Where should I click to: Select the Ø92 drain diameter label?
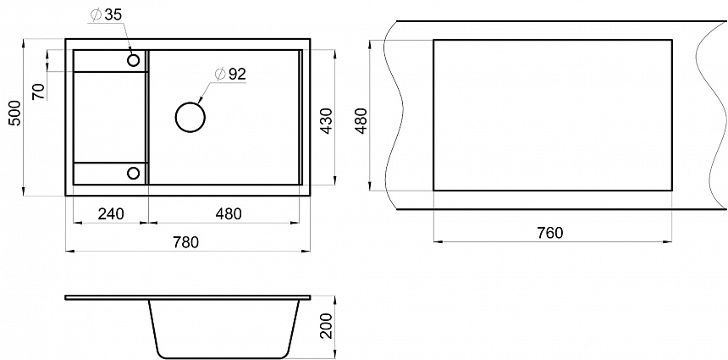pos(229,75)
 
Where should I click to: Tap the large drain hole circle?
pos(190,117)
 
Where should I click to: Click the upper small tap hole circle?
pos(134,60)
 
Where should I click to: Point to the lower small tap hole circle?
pos(134,174)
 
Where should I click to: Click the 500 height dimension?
pos(15,113)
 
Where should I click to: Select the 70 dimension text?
pos(40,91)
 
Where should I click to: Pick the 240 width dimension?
pos(111,213)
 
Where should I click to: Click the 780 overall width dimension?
pos(185,242)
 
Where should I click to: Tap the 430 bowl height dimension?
pos(327,121)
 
